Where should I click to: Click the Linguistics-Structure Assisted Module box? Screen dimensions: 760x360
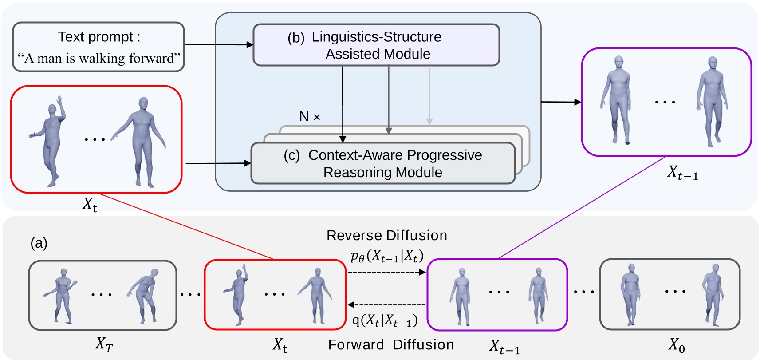[x=376, y=45]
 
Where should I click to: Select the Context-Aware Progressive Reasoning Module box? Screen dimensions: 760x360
[x=383, y=163]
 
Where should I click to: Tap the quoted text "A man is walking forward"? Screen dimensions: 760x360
[x=98, y=58]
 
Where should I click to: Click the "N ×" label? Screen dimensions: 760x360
[x=310, y=117]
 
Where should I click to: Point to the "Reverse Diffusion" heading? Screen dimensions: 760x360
[x=387, y=235]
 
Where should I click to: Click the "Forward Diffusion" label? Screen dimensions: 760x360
[x=391, y=345]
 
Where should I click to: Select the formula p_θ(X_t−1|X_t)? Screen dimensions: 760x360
[x=387, y=257]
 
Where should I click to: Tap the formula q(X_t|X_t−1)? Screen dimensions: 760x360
[x=385, y=320]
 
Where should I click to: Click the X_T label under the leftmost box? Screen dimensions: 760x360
[x=104, y=345]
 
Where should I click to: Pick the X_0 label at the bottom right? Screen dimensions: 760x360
[x=677, y=345]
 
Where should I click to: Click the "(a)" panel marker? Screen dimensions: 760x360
[x=39, y=243]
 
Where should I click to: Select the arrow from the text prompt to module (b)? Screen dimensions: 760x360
[x=219, y=44]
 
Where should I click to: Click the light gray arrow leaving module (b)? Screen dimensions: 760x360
[x=429, y=95]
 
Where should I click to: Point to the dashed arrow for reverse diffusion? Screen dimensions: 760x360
[x=387, y=272]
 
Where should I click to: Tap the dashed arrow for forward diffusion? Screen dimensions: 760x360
[x=386, y=305]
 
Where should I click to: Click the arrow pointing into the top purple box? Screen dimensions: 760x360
[x=561, y=102]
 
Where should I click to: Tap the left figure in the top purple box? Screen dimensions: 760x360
[x=615, y=100]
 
